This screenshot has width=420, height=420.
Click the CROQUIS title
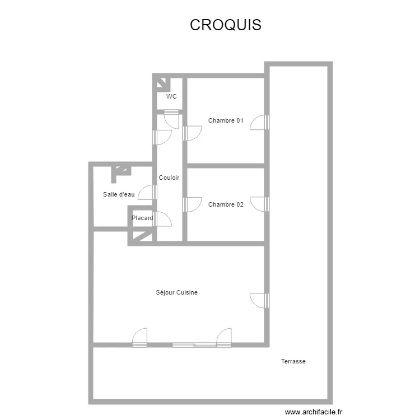tap(226, 25)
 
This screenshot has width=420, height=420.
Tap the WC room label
tap(171, 96)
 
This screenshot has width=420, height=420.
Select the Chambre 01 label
tap(226, 120)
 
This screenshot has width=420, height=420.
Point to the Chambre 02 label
tap(226, 204)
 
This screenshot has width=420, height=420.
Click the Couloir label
tap(169, 178)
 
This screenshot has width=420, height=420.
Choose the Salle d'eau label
tap(119, 194)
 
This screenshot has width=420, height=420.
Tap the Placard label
tap(142, 218)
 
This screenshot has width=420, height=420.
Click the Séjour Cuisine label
tap(177, 292)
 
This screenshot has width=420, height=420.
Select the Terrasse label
tap(293, 361)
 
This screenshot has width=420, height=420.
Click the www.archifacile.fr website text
tap(314, 412)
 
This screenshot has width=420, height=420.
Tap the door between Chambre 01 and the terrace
tap(259, 123)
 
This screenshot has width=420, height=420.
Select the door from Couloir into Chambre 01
tap(192, 133)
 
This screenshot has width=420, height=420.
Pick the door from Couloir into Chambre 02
tap(192, 204)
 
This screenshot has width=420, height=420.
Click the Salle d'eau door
tap(147, 192)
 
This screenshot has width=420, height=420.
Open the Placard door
tap(162, 219)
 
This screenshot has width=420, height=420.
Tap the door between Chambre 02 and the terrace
tap(259, 204)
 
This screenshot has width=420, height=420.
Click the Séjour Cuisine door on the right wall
tap(259, 301)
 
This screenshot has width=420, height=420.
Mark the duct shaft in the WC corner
tap(161, 83)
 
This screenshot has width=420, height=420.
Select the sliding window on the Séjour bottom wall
tap(194, 345)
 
